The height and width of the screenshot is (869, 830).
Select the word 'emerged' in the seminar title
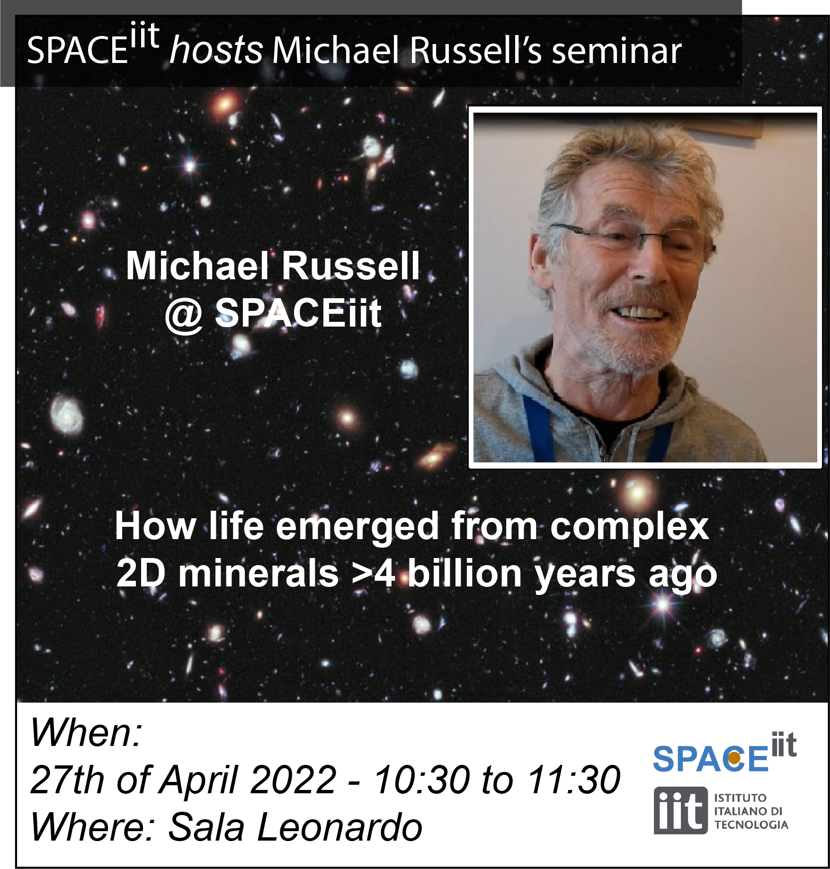tap(357, 527)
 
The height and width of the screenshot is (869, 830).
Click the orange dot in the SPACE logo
tap(734, 758)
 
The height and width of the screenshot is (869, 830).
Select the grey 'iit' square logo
tap(681, 810)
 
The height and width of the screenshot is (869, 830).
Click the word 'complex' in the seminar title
tap(629, 527)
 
